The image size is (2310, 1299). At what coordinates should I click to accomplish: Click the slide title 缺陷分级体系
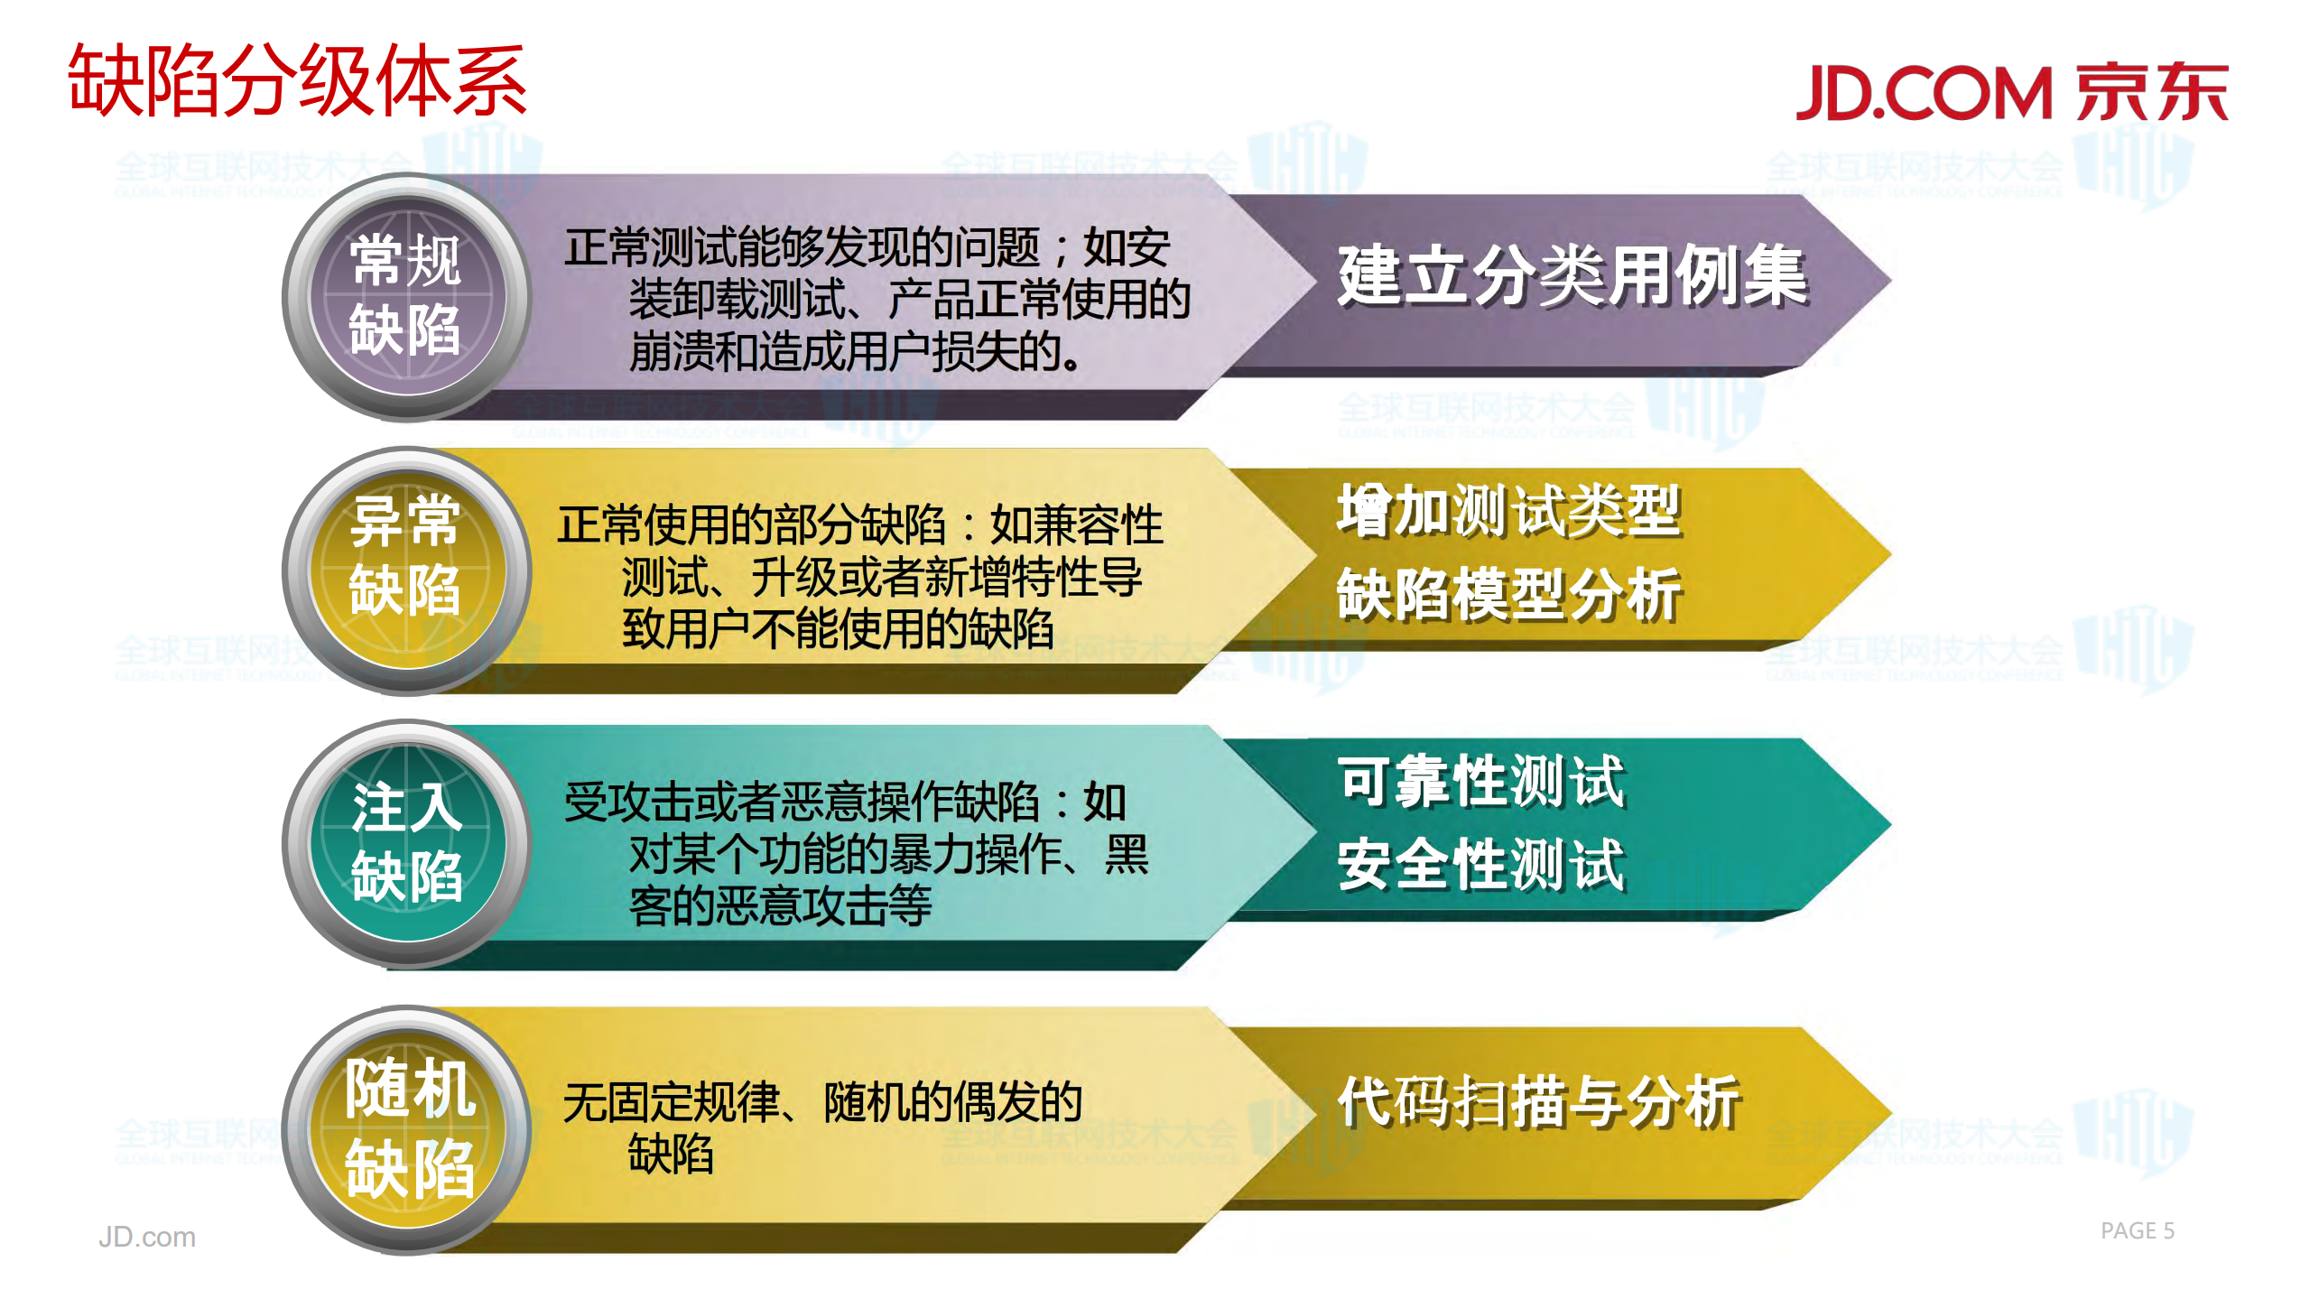(297, 81)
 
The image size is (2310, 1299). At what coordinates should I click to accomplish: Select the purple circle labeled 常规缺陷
(406, 296)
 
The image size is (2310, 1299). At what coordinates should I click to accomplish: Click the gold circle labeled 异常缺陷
(406, 571)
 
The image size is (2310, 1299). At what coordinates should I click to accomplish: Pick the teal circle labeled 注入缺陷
(406, 843)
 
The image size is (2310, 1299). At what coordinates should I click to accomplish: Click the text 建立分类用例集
(1572, 276)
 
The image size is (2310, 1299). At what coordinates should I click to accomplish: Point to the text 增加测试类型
(1508, 511)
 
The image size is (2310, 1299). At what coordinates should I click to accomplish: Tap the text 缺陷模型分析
(1508, 595)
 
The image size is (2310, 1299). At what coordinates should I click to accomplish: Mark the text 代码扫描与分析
(1538, 1102)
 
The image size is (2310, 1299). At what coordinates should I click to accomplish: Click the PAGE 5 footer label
(2137, 1230)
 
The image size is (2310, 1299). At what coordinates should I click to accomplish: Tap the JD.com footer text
(146, 1237)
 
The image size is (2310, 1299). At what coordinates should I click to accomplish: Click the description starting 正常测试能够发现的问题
(876, 299)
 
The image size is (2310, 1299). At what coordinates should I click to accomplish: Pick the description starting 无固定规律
(821, 1127)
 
